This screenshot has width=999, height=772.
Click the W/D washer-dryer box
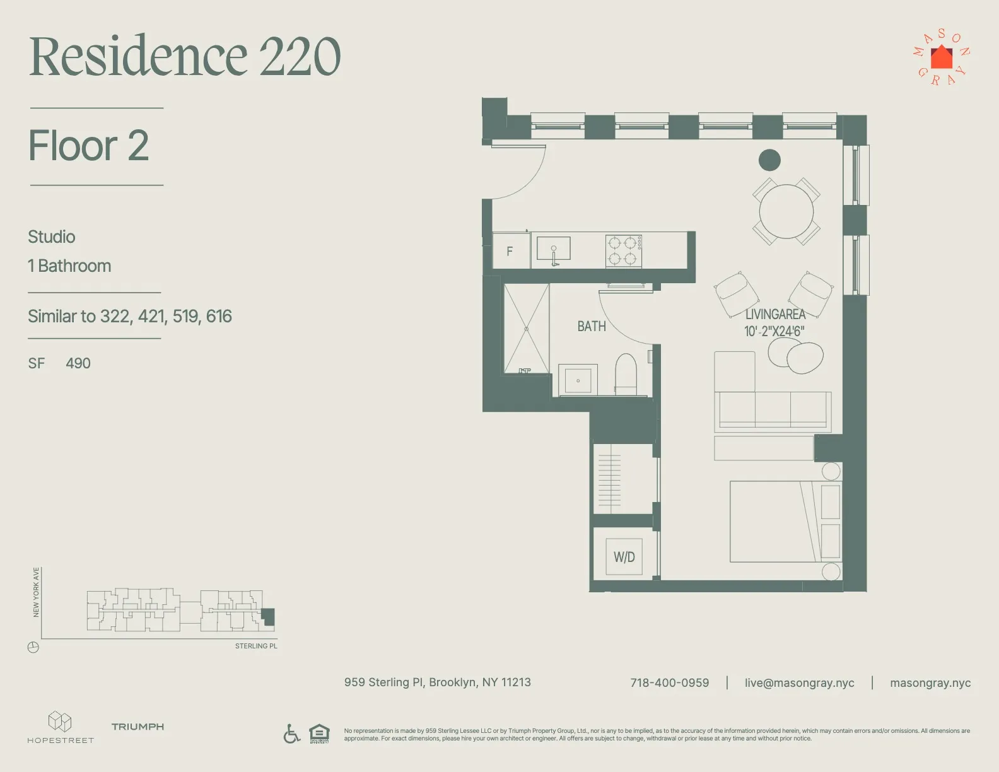click(624, 556)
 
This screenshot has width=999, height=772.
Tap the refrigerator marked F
click(511, 251)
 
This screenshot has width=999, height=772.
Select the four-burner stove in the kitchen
click(623, 250)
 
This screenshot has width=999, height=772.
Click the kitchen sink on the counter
click(553, 249)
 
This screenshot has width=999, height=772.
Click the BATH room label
click(591, 326)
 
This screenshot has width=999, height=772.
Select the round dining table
click(786, 211)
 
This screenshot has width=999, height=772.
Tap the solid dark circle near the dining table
click(769, 160)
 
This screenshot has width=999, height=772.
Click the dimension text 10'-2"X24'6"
click(774, 331)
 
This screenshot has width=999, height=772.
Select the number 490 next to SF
click(78, 363)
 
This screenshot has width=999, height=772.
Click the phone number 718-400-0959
click(669, 682)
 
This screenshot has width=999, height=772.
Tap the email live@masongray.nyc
click(799, 682)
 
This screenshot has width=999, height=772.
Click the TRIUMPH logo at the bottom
click(137, 727)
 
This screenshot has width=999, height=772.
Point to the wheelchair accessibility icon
click(291, 734)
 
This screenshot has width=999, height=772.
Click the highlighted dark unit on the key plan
click(269, 616)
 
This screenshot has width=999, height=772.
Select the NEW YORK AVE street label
click(36, 592)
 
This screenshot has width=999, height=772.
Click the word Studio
click(52, 237)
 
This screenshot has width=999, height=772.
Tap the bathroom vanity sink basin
click(578, 380)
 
